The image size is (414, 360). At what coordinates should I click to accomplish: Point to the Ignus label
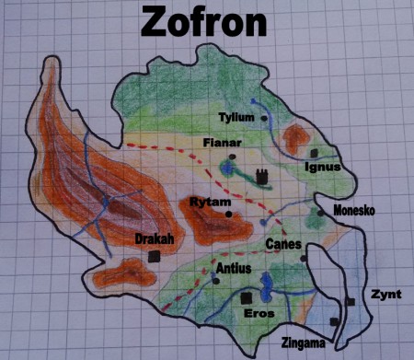[x=322, y=167]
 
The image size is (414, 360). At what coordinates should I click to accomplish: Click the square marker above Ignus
[x=314, y=152]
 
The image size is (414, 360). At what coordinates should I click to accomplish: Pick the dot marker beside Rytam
[x=229, y=214]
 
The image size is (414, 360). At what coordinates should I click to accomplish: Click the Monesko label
[x=354, y=210]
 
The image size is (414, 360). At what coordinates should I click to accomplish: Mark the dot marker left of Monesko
[x=320, y=213]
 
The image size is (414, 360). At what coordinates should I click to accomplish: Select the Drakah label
[x=152, y=238]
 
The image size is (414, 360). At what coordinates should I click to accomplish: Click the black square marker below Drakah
[x=154, y=257]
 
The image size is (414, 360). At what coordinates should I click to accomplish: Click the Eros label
[x=258, y=313]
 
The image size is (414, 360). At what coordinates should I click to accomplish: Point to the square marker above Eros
[x=246, y=298]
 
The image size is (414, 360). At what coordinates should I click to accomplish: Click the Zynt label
[x=385, y=295]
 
